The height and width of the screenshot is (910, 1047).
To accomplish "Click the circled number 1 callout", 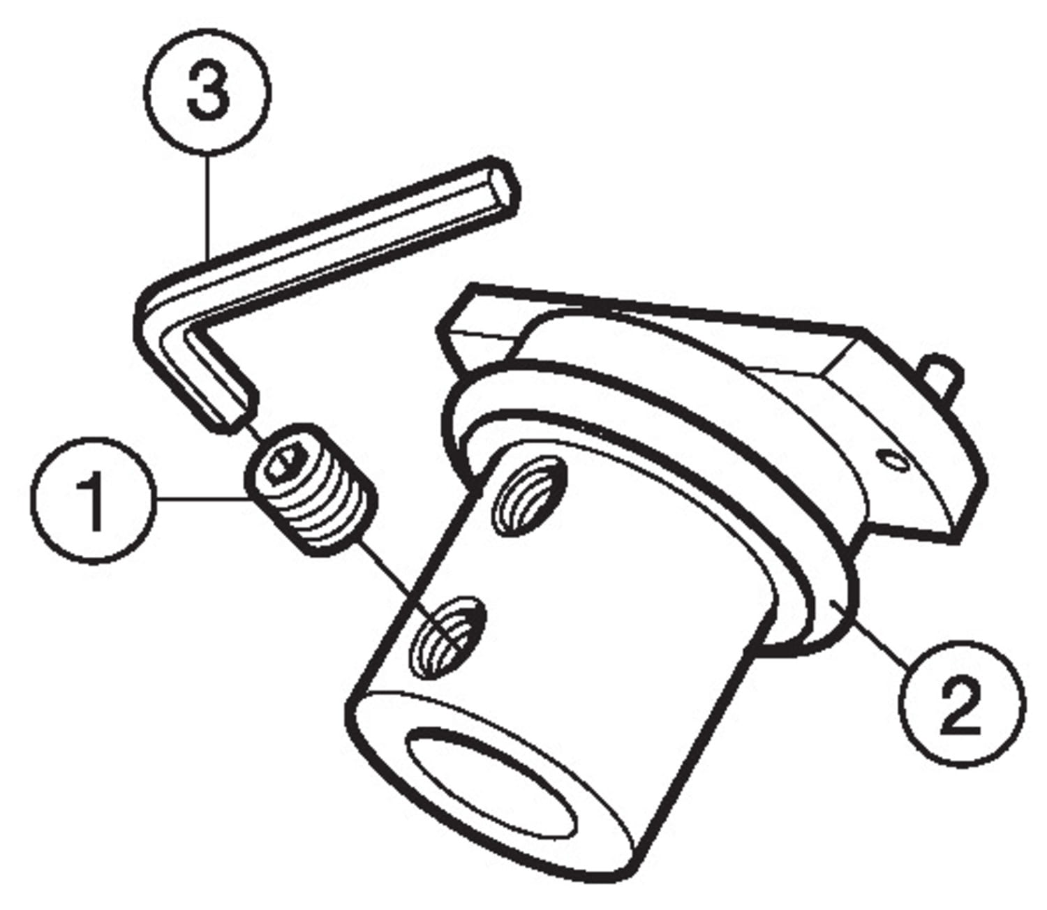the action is pyautogui.click(x=93, y=500).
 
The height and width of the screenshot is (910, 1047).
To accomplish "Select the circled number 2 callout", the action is pyautogui.click(x=962, y=704).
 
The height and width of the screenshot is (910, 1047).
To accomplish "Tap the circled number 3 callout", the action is pyautogui.click(x=207, y=91).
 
